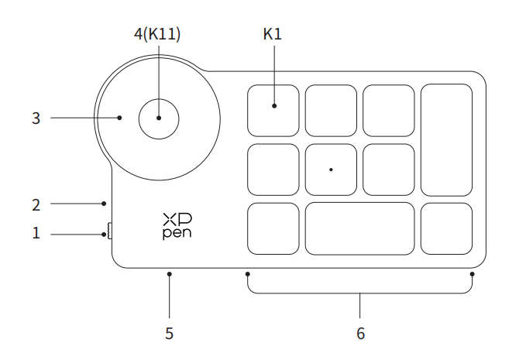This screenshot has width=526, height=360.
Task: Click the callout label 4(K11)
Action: pyautogui.click(x=159, y=35)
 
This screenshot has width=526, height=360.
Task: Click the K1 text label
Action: pyautogui.click(x=273, y=35)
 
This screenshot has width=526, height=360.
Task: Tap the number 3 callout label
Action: pyautogui.click(x=36, y=118)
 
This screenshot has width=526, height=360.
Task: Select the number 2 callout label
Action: pyautogui.click(x=36, y=204)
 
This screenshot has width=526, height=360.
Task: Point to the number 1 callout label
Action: pyautogui.click(x=36, y=231)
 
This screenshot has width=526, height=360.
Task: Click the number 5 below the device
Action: pyautogui.click(x=169, y=334)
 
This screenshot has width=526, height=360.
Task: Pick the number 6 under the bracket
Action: pyautogui.click(x=360, y=334)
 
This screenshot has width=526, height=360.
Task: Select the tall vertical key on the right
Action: pyautogui.click(x=446, y=139)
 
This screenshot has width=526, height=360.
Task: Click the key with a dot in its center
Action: pyautogui.click(x=331, y=169)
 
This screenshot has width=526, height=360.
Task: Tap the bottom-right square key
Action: pyautogui.click(x=446, y=228)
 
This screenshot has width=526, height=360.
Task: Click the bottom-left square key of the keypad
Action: pyautogui.click(x=273, y=228)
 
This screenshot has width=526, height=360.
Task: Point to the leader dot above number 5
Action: pyautogui.click(x=169, y=273)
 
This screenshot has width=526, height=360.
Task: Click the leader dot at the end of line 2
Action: pyautogui.click(x=105, y=204)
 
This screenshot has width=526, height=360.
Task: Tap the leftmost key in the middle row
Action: pyautogui.click(x=273, y=169)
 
